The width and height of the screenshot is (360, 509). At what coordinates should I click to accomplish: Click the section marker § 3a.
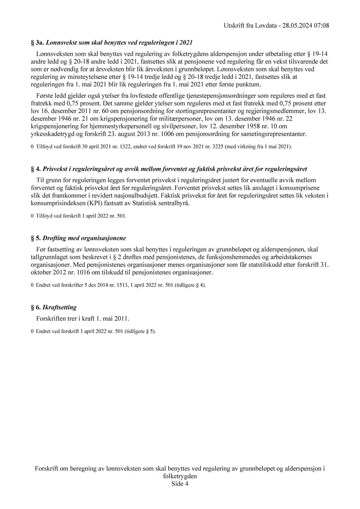(37, 43)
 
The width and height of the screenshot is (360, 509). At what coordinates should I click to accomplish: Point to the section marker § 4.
(36, 169)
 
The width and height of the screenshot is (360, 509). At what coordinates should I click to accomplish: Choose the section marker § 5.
(36, 238)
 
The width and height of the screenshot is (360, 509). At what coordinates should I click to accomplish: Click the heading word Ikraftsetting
(59, 307)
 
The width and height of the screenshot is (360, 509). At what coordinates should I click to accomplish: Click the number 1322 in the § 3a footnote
(118, 147)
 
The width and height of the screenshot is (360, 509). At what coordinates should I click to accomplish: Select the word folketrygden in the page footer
(180, 476)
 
